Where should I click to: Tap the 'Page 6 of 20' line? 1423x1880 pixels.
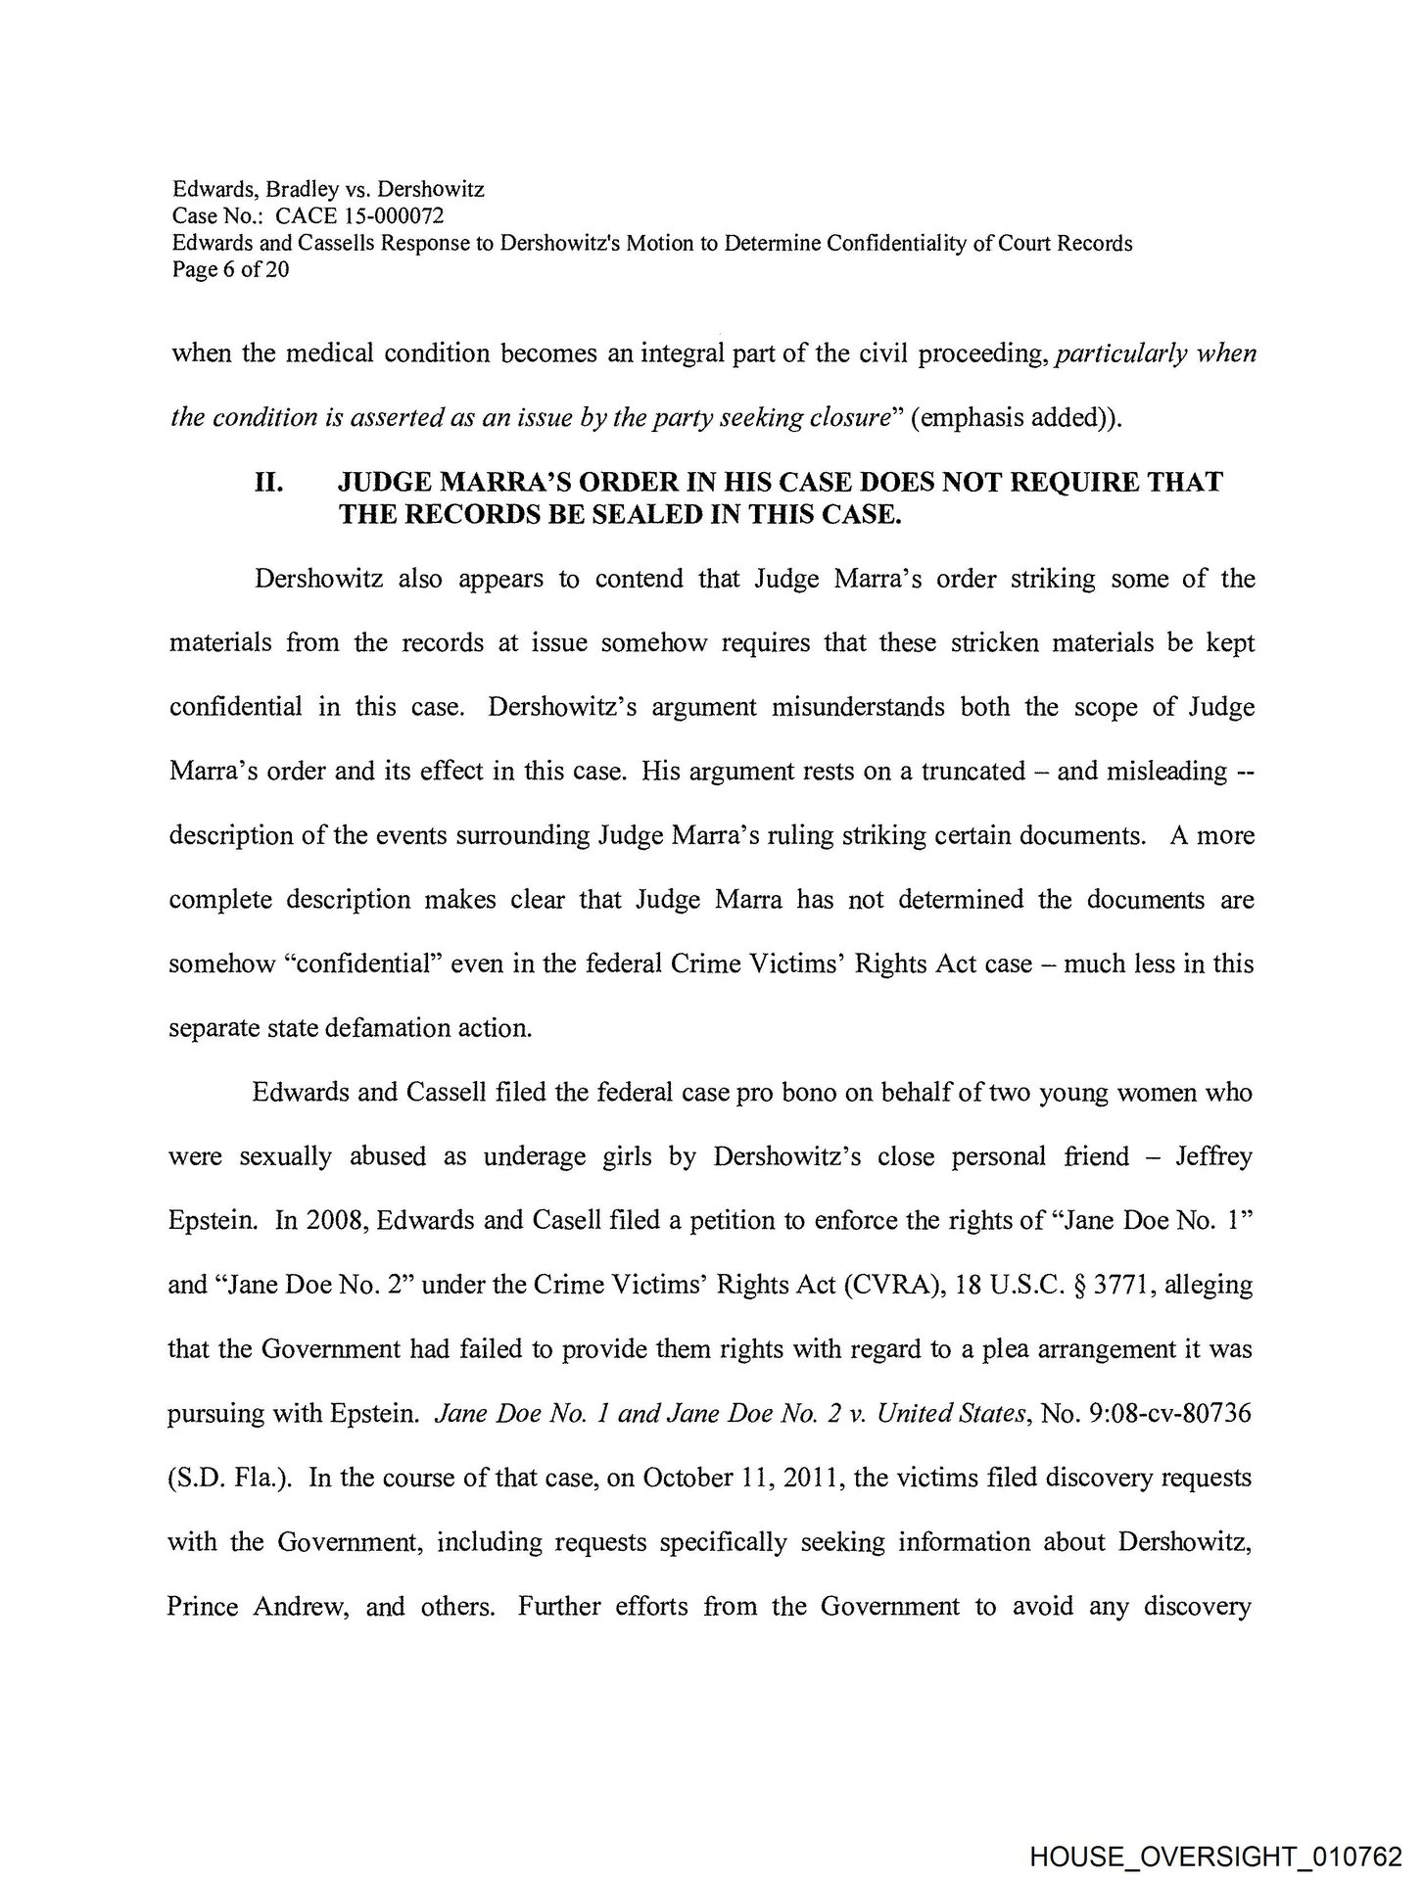pyautogui.click(x=230, y=269)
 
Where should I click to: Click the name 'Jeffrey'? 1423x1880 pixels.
pyautogui.click(x=1212, y=1156)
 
